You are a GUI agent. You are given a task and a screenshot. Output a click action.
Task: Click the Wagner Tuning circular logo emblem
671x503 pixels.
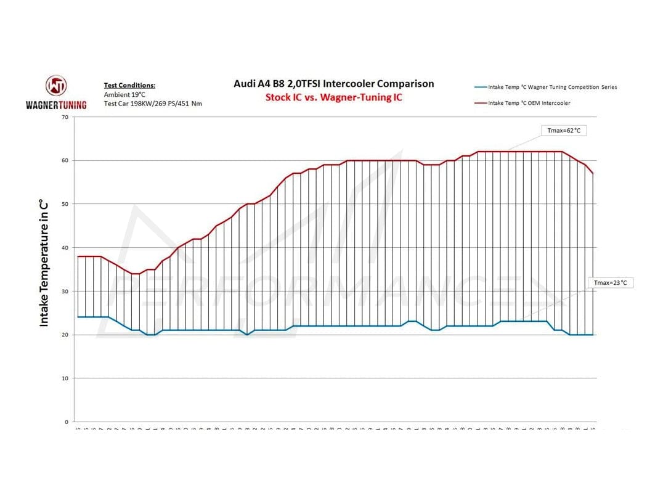[56, 86]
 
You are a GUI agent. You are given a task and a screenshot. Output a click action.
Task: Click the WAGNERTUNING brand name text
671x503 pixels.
[56, 105]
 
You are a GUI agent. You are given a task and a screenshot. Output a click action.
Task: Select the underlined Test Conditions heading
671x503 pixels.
[129, 86]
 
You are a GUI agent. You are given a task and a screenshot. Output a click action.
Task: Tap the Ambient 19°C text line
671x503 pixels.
[124, 94]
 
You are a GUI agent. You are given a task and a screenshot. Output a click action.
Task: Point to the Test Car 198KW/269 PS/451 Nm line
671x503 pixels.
[153, 104]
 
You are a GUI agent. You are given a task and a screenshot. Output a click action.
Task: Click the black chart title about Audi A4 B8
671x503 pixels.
[333, 84]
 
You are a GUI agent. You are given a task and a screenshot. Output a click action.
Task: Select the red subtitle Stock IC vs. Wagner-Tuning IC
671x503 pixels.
[333, 97]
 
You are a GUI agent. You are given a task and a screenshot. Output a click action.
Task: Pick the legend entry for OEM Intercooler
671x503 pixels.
[529, 103]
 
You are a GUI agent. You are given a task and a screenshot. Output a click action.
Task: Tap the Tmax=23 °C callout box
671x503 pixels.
[610, 283]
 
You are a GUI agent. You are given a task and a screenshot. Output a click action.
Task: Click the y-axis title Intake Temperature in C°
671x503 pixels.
[44, 263]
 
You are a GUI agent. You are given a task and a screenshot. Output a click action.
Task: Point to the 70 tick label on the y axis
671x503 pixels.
[65, 117]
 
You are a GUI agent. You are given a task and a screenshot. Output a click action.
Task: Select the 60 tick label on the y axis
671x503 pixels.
[65, 160]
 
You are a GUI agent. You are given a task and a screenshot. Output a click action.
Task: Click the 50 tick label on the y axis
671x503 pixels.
[65, 204]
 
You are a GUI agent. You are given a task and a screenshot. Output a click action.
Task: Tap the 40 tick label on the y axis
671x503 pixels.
[65, 248]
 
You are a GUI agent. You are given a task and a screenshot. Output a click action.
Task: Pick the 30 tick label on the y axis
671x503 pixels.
[65, 291]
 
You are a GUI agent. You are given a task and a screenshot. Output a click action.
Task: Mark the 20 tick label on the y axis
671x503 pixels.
[65, 335]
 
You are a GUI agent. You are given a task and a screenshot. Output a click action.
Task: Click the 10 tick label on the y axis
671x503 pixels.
[65, 378]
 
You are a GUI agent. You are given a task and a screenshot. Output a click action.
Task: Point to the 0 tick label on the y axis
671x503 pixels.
[67, 422]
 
